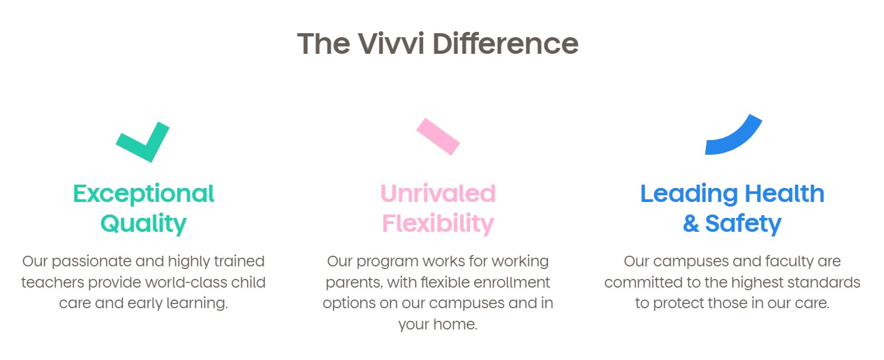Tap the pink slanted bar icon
pyautogui.click(x=438, y=137)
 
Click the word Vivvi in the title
pyautogui.click(x=391, y=43)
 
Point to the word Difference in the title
pyautogui.click(x=505, y=43)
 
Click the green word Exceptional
pyautogui.click(x=143, y=194)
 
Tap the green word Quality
pyautogui.click(x=143, y=224)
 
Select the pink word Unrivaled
pyautogui.click(x=438, y=193)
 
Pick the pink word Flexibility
pyautogui.click(x=438, y=224)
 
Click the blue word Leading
pyautogui.click(x=689, y=194)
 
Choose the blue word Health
pyautogui.click(x=784, y=193)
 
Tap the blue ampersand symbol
pyautogui.click(x=691, y=223)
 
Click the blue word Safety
pyautogui.click(x=743, y=224)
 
